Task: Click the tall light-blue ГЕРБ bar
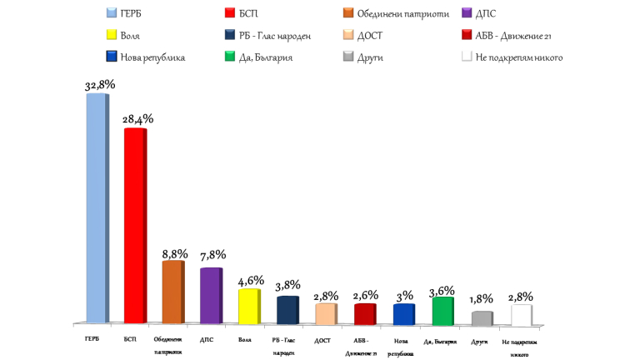(97, 208)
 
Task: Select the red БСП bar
(134, 225)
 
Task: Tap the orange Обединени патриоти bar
(172, 292)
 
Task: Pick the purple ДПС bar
(210, 295)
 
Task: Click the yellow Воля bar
(248, 306)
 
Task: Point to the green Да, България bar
(442, 310)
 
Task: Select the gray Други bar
(481, 317)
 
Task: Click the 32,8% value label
(100, 85)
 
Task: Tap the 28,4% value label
(138, 119)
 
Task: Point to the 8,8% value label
(174, 253)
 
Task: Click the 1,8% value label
(482, 299)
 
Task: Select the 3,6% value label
(442, 291)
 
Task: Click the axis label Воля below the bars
(244, 340)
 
